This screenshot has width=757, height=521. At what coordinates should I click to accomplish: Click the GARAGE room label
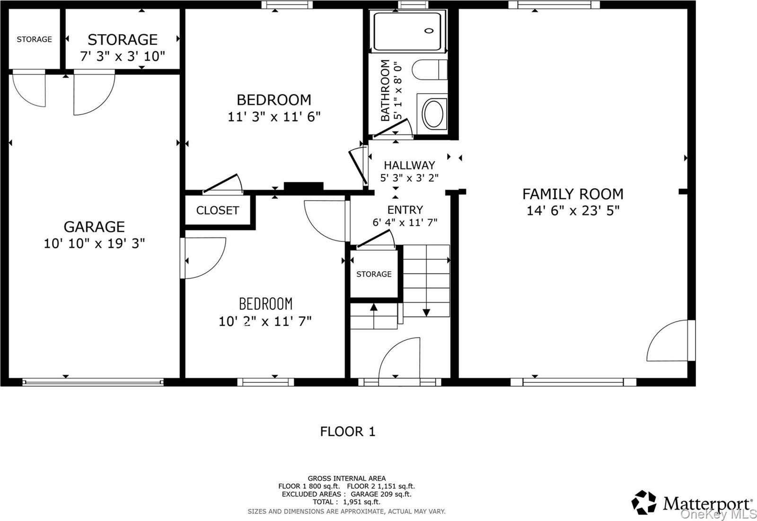(x=94, y=227)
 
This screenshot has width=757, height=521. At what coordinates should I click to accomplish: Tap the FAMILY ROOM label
(x=572, y=194)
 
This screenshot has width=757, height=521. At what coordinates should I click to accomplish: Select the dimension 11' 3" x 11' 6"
(x=274, y=116)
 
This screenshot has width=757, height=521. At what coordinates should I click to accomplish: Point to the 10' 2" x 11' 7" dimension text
(x=265, y=321)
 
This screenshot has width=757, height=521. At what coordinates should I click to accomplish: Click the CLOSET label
(x=217, y=210)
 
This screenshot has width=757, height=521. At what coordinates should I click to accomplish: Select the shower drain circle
(x=429, y=31)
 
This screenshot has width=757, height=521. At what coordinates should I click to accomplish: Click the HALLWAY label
(x=409, y=165)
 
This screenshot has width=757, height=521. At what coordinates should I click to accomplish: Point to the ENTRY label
(x=405, y=210)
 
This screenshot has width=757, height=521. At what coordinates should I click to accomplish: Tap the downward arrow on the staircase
(x=426, y=312)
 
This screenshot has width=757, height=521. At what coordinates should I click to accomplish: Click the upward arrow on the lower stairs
(x=374, y=307)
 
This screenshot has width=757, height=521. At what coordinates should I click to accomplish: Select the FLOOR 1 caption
(x=347, y=431)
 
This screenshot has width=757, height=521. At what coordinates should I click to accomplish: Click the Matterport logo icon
(x=644, y=503)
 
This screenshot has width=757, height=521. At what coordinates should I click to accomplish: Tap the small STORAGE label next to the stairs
(x=374, y=274)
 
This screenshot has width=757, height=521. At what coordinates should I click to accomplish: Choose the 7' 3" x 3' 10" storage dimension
(x=123, y=56)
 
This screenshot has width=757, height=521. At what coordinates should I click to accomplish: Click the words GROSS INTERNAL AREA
(x=346, y=478)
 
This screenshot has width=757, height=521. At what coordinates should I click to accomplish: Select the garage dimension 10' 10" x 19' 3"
(x=94, y=243)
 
